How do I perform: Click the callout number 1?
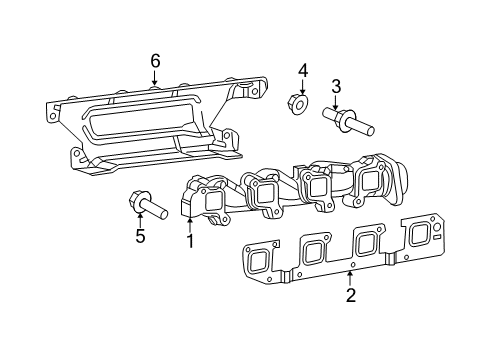pyautogui.click(x=190, y=240)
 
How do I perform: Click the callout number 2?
pyautogui.click(x=351, y=295)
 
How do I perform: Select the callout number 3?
pyautogui.click(x=336, y=86)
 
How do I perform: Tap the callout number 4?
pyautogui.click(x=302, y=69)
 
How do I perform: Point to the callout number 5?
pyautogui.click(x=141, y=236)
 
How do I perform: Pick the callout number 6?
pyautogui.click(x=155, y=61)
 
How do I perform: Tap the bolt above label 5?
pyautogui.click(x=146, y=206)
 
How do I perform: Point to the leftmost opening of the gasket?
pyautogui.click(x=259, y=262)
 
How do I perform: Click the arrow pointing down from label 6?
pyautogui.click(x=155, y=77)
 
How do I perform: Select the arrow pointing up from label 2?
pyautogui.click(x=351, y=276)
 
